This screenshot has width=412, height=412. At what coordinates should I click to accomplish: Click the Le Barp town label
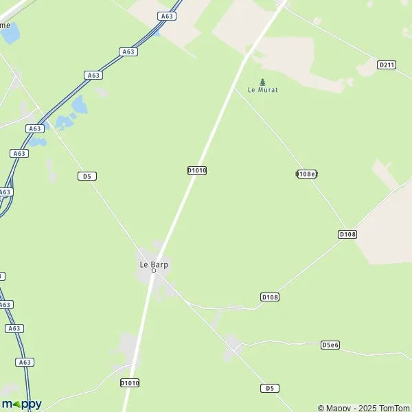pyautogui.click(x=154, y=264)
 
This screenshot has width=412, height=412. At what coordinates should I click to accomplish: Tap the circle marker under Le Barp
pyautogui.click(x=154, y=271)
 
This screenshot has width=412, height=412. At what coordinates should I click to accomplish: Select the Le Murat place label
pyautogui.click(x=262, y=90)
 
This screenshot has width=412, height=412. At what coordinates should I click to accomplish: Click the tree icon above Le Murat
pyautogui.click(x=262, y=82)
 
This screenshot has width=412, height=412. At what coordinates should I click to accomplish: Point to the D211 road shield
pyautogui.click(x=387, y=65)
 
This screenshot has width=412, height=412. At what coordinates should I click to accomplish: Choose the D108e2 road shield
pyautogui.click(x=306, y=174)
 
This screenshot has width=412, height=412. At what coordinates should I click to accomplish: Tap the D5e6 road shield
pyautogui.click(x=330, y=345)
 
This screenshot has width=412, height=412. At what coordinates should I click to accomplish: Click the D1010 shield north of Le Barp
pyautogui.click(x=197, y=170)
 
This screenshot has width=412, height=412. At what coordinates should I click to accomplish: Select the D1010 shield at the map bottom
pyautogui.click(x=130, y=382)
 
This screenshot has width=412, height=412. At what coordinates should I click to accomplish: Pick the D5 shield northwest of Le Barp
pyautogui.click(x=87, y=176)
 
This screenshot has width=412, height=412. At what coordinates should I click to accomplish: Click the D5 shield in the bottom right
pyautogui.click(x=270, y=388)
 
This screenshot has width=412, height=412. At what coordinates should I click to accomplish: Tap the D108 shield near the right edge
pyautogui.click(x=347, y=234)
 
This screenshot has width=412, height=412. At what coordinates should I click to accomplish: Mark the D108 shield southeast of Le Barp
pyautogui.click(x=270, y=297)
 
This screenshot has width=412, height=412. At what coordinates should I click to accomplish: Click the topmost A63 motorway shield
pyautogui.click(x=166, y=16)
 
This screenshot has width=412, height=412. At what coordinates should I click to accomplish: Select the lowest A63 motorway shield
pyautogui.click(x=25, y=362)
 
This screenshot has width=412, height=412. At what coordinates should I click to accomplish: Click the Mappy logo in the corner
pyautogui.click(x=21, y=404)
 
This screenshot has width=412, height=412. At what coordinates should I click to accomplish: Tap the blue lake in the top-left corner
pyautogui.click(x=10, y=33)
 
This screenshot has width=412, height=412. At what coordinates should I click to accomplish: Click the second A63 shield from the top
pyautogui.click(x=128, y=51)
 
